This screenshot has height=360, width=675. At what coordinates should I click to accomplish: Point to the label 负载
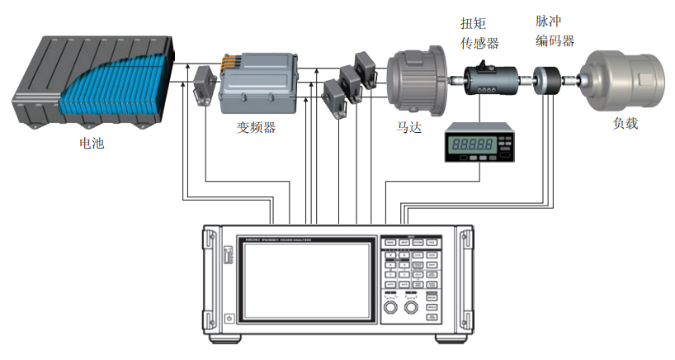click(x=625, y=124)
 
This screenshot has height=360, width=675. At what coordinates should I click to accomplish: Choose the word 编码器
click(x=555, y=40)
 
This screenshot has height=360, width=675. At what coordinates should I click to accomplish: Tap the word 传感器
click(x=479, y=42)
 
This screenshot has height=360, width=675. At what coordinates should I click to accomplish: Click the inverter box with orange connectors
click(x=257, y=83)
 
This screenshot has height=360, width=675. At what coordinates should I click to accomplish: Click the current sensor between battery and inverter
click(x=204, y=87)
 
